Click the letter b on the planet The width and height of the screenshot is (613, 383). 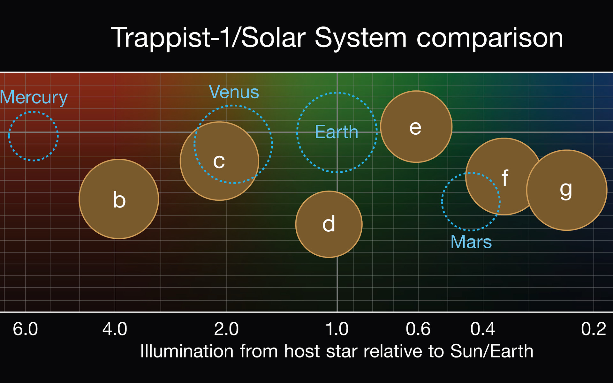[x=119, y=200]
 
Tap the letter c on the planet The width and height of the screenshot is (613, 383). [x=219, y=161]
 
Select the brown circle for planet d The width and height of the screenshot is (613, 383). [x=329, y=224]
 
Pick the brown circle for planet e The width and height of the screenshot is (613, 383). [x=416, y=127]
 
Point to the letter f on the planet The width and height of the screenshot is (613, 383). [x=505, y=178]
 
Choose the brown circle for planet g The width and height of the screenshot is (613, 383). [x=567, y=190]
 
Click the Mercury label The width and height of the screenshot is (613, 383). [x=34, y=98]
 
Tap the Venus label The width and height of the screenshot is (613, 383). [x=234, y=92]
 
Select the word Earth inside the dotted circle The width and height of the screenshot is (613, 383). [x=337, y=131]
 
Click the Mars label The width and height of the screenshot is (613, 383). [x=471, y=242]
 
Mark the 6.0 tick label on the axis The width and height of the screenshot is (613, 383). [x=25, y=329]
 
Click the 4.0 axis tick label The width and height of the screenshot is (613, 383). [x=115, y=329]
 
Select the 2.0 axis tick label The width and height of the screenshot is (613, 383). [x=226, y=329]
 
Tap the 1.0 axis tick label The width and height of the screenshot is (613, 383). [x=337, y=329]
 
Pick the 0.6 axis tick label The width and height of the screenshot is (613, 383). [x=418, y=329]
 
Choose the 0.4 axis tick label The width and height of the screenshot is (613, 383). [x=483, y=329]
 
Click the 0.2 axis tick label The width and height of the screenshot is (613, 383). [x=594, y=329]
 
